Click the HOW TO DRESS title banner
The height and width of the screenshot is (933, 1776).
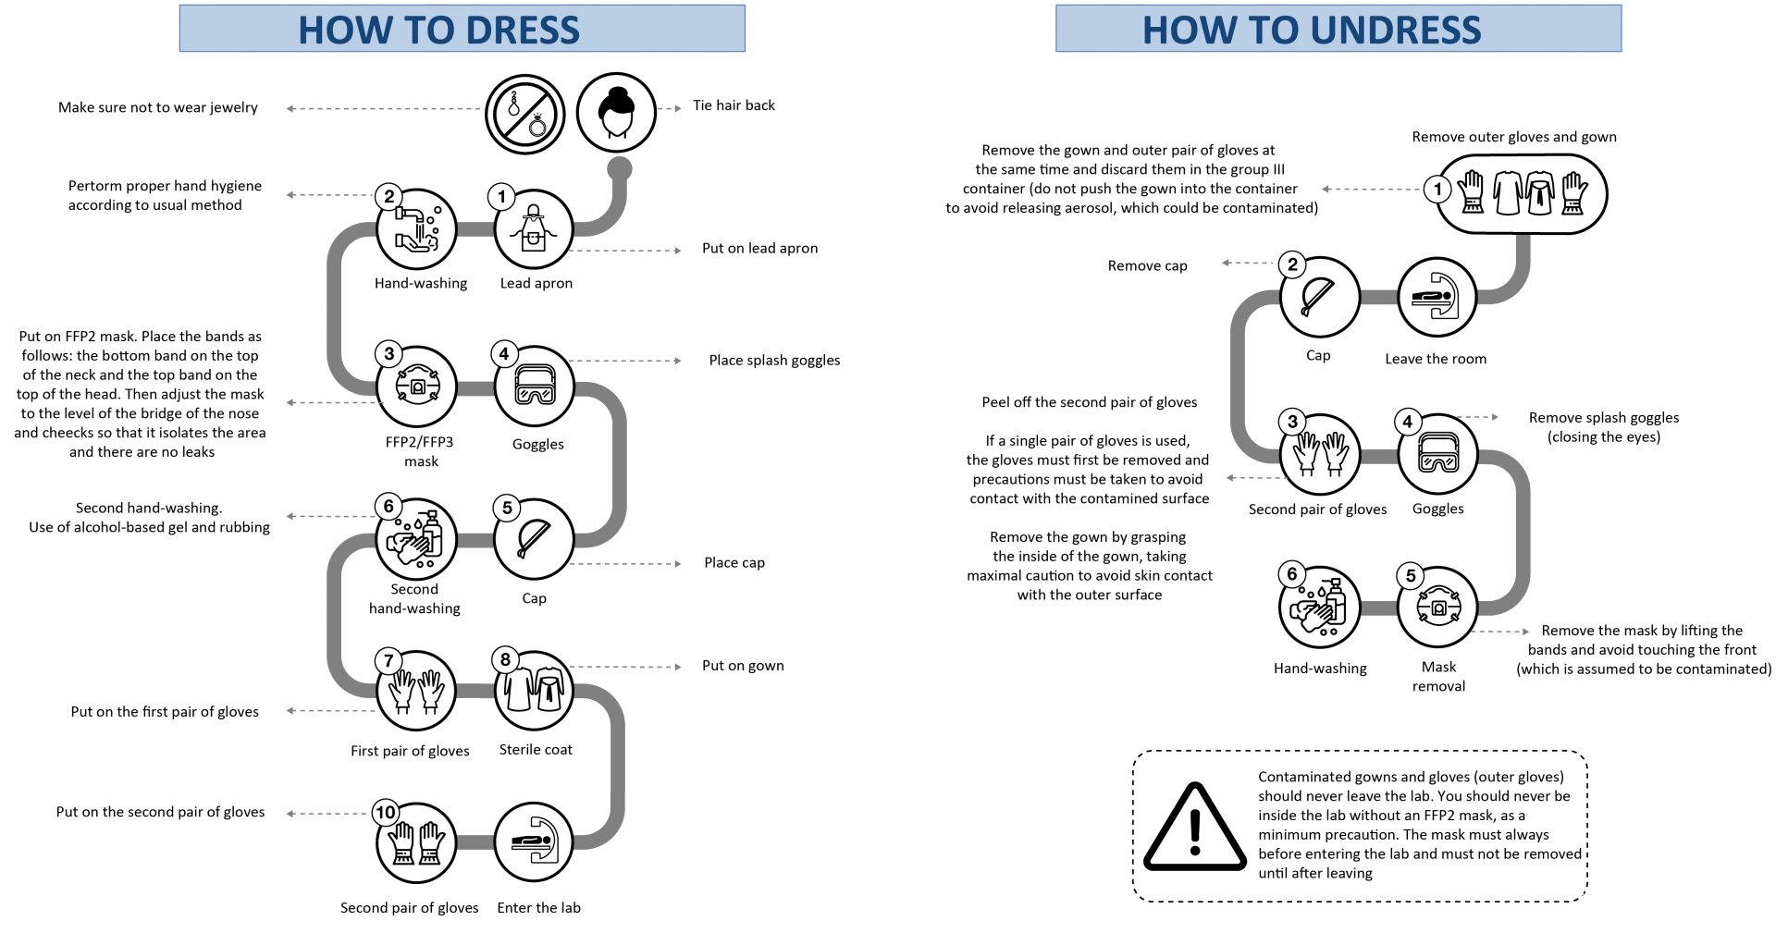click(x=462, y=29)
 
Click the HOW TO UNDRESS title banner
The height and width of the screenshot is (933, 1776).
click(x=1338, y=29)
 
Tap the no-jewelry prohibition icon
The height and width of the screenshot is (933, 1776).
click(x=524, y=114)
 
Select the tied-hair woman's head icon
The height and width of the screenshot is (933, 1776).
click(x=616, y=113)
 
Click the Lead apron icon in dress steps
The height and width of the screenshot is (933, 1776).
click(x=534, y=228)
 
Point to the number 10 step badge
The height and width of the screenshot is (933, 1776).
click(x=386, y=812)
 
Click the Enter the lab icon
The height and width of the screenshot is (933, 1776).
click(x=534, y=842)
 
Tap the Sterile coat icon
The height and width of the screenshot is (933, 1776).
click(x=534, y=691)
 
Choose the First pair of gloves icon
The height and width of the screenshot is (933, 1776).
click(x=416, y=691)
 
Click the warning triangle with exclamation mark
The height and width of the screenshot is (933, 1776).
click(x=1194, y=829)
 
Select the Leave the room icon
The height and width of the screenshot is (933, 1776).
click(x=1437, y=298)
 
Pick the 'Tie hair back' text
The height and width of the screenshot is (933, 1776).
click(x=734, y=105)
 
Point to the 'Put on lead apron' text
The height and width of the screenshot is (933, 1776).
click(x=759, y=248)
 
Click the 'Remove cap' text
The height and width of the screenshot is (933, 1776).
click(x=1147, y=265)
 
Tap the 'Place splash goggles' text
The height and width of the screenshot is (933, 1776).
click(x=774, y=360)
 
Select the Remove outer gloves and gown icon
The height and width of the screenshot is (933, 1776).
click(x=1522, y=193)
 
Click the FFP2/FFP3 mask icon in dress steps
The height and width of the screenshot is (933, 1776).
click(x=416, y=387)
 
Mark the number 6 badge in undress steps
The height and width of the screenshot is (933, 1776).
click(x=1292, y=573)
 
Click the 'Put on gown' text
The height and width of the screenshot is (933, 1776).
click(x=743, y=665)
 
